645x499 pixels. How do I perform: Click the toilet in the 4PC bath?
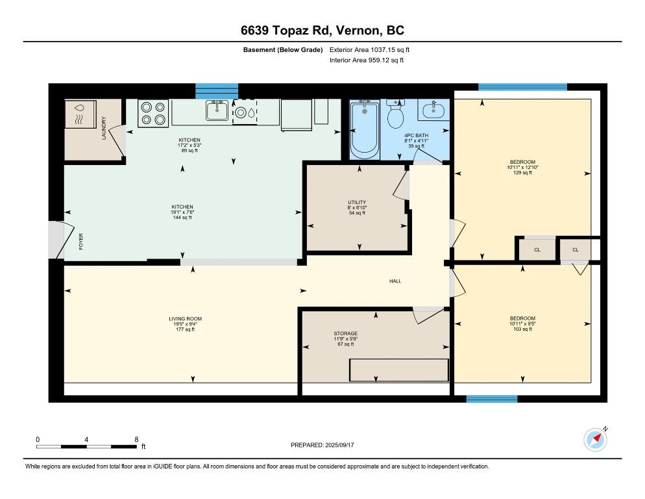395,114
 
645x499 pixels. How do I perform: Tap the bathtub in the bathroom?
365,129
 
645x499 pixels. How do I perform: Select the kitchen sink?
217,110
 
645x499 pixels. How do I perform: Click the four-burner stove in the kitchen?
153,113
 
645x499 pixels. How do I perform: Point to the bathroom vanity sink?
433,110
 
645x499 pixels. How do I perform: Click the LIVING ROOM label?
185,318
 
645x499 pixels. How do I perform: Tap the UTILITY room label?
357,202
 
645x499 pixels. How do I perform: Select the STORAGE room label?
345,333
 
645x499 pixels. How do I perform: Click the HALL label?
395,281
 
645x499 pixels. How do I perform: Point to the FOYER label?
81,242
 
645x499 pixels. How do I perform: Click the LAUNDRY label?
104,128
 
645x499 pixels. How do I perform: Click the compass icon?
595,439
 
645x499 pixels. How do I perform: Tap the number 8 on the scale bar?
136,439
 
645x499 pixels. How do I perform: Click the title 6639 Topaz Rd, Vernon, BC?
322,31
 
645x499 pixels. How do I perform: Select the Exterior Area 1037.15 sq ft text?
369,50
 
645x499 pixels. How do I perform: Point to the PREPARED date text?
322,445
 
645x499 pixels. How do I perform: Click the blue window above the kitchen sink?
217,91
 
